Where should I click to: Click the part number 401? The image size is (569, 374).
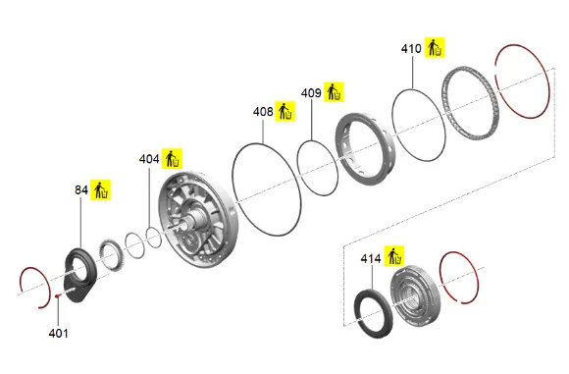coord(58,333)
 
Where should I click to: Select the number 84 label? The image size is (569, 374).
coord(81,189)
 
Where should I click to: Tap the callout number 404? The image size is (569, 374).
coord(149,159)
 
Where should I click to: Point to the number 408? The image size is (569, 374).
coord(263,112)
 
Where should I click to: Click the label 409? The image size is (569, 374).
coord(311,93)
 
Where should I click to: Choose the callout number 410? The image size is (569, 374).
coord(411,49)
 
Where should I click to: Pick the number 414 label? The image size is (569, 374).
coord(371,258)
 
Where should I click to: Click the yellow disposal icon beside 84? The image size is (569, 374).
coord(101,189)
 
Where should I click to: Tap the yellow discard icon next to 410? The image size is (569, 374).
coord(435,47)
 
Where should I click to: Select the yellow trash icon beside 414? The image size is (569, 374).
coord(394,255)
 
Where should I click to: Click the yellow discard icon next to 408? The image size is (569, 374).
coord(284,111)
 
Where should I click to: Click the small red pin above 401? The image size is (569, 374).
coord(57,295)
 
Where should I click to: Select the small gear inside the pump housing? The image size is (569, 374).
coord(190,240)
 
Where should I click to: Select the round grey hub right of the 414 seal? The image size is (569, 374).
coord(416,295)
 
